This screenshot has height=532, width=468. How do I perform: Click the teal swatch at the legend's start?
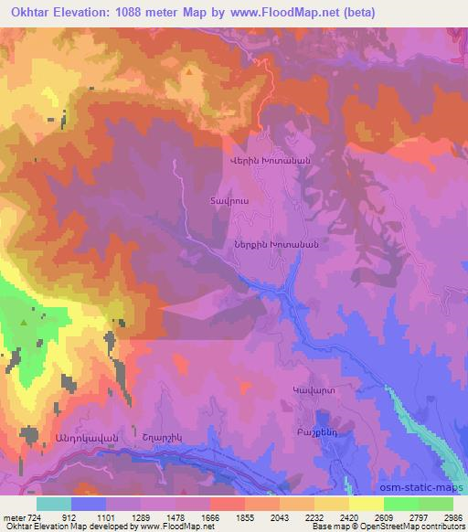pos(54,504)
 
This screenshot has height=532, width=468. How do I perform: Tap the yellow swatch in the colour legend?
pos(367,504)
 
